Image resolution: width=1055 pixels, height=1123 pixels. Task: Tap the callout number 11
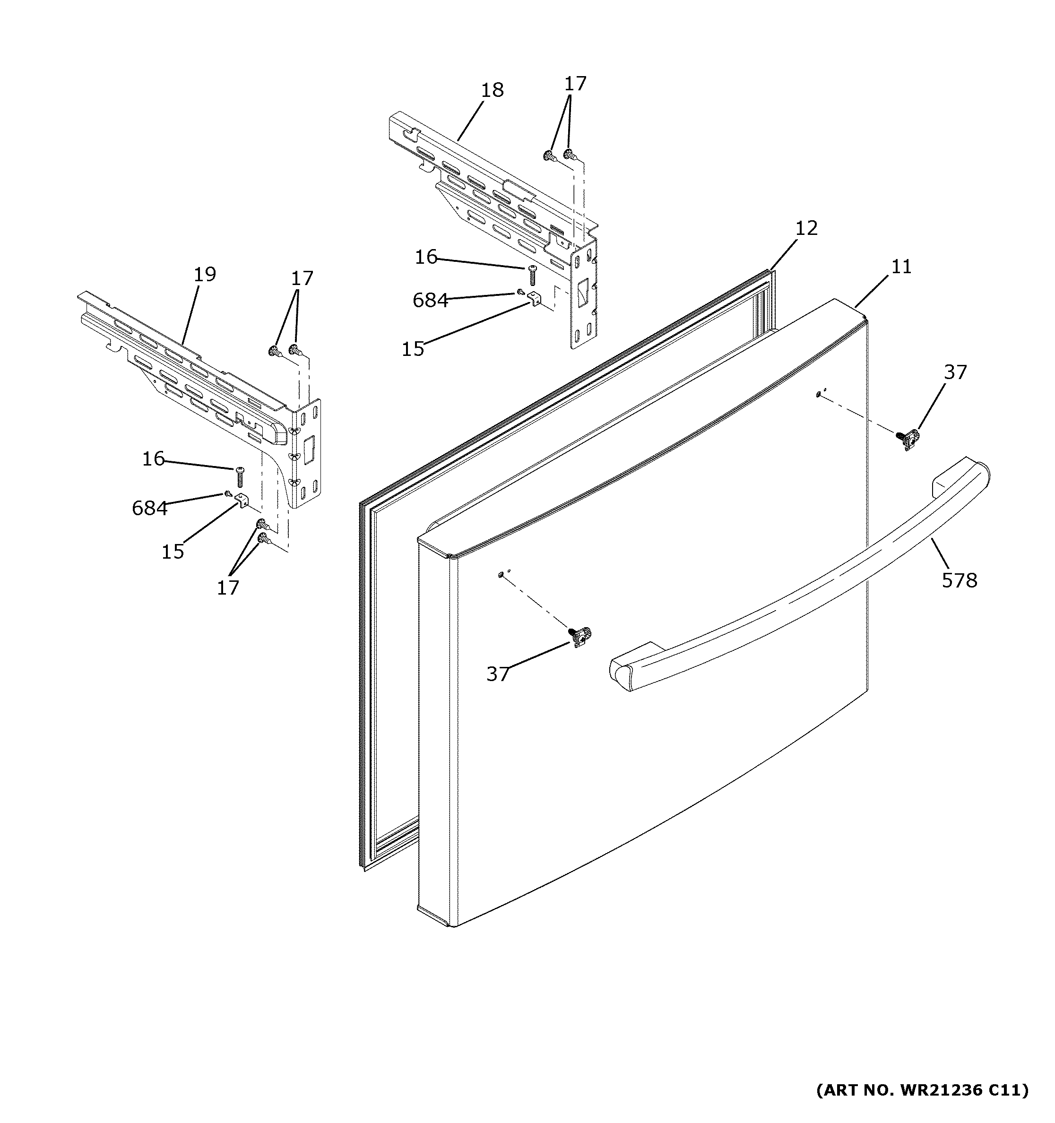(x=901, y=266)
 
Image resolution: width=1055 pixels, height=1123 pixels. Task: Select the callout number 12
(x=806, y=228)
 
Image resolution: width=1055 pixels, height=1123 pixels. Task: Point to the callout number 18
(x=492, y=90)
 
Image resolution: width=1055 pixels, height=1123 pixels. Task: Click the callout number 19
(x=205, y=274)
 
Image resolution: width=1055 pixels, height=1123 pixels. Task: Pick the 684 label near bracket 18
(x=430, y=301)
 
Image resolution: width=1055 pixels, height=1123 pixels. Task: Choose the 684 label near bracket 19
(x=150, y=509)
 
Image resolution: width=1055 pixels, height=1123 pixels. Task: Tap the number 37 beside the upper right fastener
(x=956, y=372)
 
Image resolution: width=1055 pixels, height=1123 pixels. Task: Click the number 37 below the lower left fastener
(x=498, y=674)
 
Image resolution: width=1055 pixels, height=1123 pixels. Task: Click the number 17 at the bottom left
(x=228, y=588)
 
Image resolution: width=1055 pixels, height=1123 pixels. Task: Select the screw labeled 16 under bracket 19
(x=239, y=477)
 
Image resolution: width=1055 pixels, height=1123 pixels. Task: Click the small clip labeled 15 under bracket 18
(x=534, y=298)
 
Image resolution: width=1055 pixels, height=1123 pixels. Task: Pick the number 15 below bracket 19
(x=173, y=551)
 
